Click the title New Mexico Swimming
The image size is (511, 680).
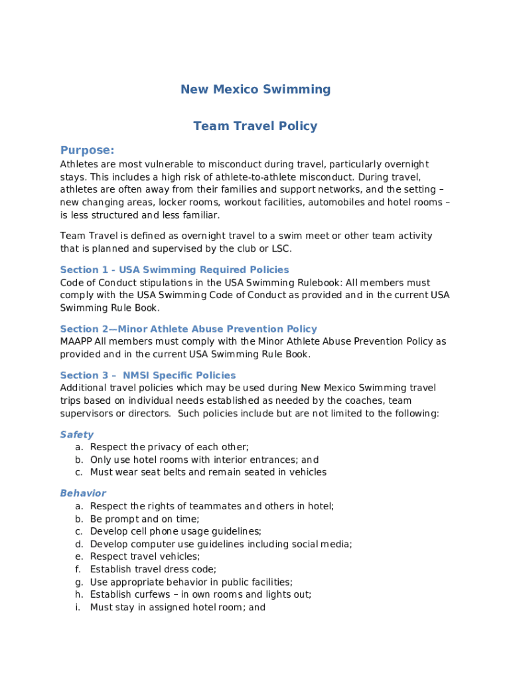pyautogui.click(x=256, y=89)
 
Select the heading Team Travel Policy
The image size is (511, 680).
pyautogui.click(x=256, y=126)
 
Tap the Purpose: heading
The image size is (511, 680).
pyautogui.click(x=87, y=150)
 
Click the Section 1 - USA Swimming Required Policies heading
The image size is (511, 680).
pyautogui.click(x=175, y=270)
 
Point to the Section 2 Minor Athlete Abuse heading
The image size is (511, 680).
pyautogui.click(x=188, y=329)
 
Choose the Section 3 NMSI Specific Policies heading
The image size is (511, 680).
pyautogui.click(x=148, y=375)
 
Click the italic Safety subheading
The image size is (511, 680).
pyautogui.click(x=77, y=434)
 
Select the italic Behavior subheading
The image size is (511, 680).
pyautogui.click(x=83, y=493)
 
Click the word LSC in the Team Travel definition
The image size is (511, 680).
pyautogui.click(x=280, y=248)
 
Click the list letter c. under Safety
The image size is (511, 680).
pyautogui.click(x=78, y=472)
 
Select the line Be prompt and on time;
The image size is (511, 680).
pyautogui.click(x=145, y=519)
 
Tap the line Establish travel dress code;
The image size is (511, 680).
pyautogui.click(x=153, y=569)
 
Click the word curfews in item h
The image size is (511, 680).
pyautogui.click(x=149, y=594)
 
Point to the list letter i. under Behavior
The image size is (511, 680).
pyautogui.click(x=78, y=607)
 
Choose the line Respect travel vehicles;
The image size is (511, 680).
pyautogui.click(x=145, y=556)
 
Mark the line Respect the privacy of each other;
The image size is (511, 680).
pyautogui.click(x=169, y=447)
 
